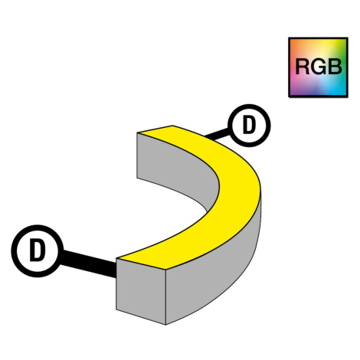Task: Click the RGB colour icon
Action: [318, 67]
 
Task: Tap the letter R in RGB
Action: [303, 67]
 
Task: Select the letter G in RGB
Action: [318, 67]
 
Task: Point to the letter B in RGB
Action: [335, 67]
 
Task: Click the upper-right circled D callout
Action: [249, 126]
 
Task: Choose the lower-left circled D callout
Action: [38, 250]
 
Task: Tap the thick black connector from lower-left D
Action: [88, 263]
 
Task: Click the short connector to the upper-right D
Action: [217, 134]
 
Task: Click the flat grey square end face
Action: [141, 291]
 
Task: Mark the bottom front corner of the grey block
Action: [165, 325]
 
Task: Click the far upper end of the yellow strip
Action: [155, 129]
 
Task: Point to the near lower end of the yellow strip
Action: [142, 263]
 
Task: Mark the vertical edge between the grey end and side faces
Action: [166, 296]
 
